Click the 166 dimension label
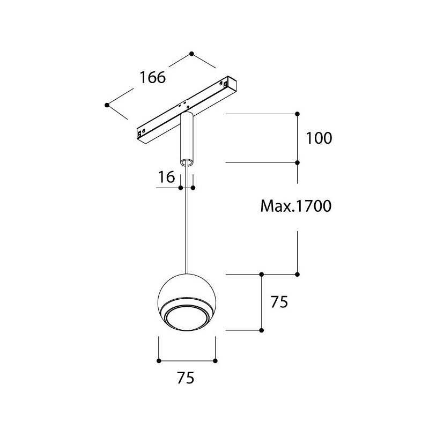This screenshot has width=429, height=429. (x=153, y=77)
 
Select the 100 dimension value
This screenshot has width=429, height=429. (x=319, y=138)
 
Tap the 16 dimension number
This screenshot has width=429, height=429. (x=166, y=177)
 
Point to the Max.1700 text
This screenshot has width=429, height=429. (x=296, y=206)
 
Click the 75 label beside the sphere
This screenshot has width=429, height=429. (x=279, y=302)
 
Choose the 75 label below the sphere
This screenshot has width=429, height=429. (x=186, y=378)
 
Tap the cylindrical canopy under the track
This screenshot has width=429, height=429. (x=187, y=139)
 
